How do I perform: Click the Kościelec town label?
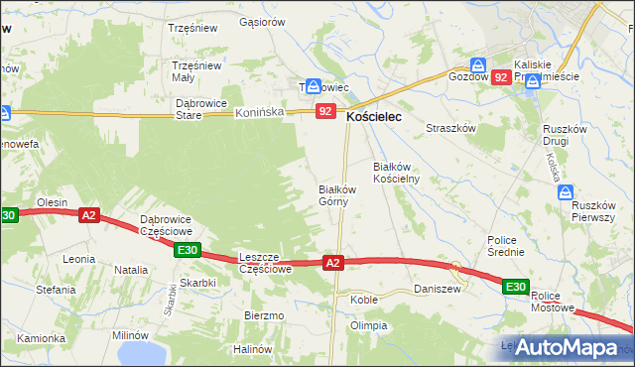[380, 117]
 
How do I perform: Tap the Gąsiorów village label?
[262, 21]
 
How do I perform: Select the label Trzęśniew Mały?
[196, 71]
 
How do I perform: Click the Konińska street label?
[260, 113]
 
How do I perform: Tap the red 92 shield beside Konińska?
[325, 112]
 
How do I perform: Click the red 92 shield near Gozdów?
[501, 76]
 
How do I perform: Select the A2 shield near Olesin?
[88, 214]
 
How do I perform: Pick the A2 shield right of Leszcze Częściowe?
[333, 262]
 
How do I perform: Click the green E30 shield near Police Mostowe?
[514, 287]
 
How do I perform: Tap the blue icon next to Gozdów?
[479, 61]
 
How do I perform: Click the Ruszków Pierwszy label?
[595, 209]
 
